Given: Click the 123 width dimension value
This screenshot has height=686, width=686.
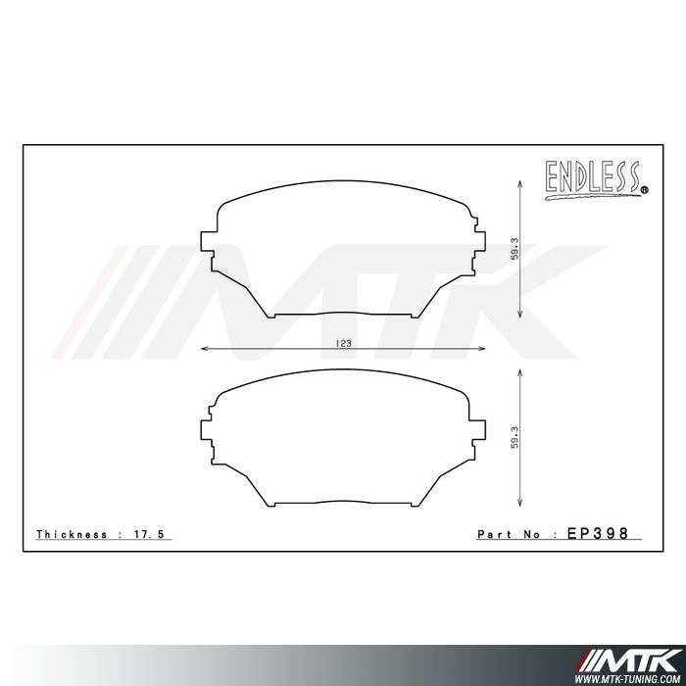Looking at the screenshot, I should click(x=343, y=343).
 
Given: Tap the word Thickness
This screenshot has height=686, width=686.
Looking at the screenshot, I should click(x=71, y=535).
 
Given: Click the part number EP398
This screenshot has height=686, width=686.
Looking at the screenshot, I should click(x=597, y=534).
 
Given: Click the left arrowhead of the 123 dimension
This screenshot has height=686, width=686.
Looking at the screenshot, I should click(x=204, y=349).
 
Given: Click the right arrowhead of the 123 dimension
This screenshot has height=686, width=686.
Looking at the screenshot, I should click(x=482, y=349).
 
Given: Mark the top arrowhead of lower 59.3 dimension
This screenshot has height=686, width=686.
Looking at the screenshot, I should click(x=520, y=372).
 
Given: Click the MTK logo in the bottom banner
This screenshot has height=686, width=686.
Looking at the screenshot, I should click(x=637, y=657).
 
